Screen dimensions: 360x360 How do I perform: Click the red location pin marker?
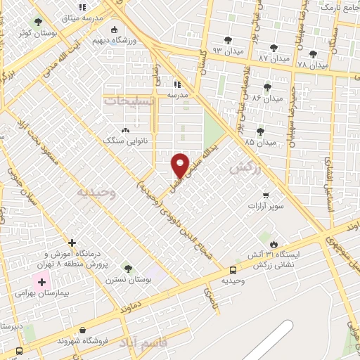coord(181,165)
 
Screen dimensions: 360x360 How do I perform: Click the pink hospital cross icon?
coord(41,282)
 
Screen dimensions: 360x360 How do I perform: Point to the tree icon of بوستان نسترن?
coord(127,268)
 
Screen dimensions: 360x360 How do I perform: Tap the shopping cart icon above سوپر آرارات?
coord(265,195)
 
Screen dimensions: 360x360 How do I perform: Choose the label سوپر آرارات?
coord(265,207)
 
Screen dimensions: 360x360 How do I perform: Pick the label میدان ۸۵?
coord(259,142)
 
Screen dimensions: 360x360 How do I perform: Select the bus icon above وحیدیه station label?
coord(233,270)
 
